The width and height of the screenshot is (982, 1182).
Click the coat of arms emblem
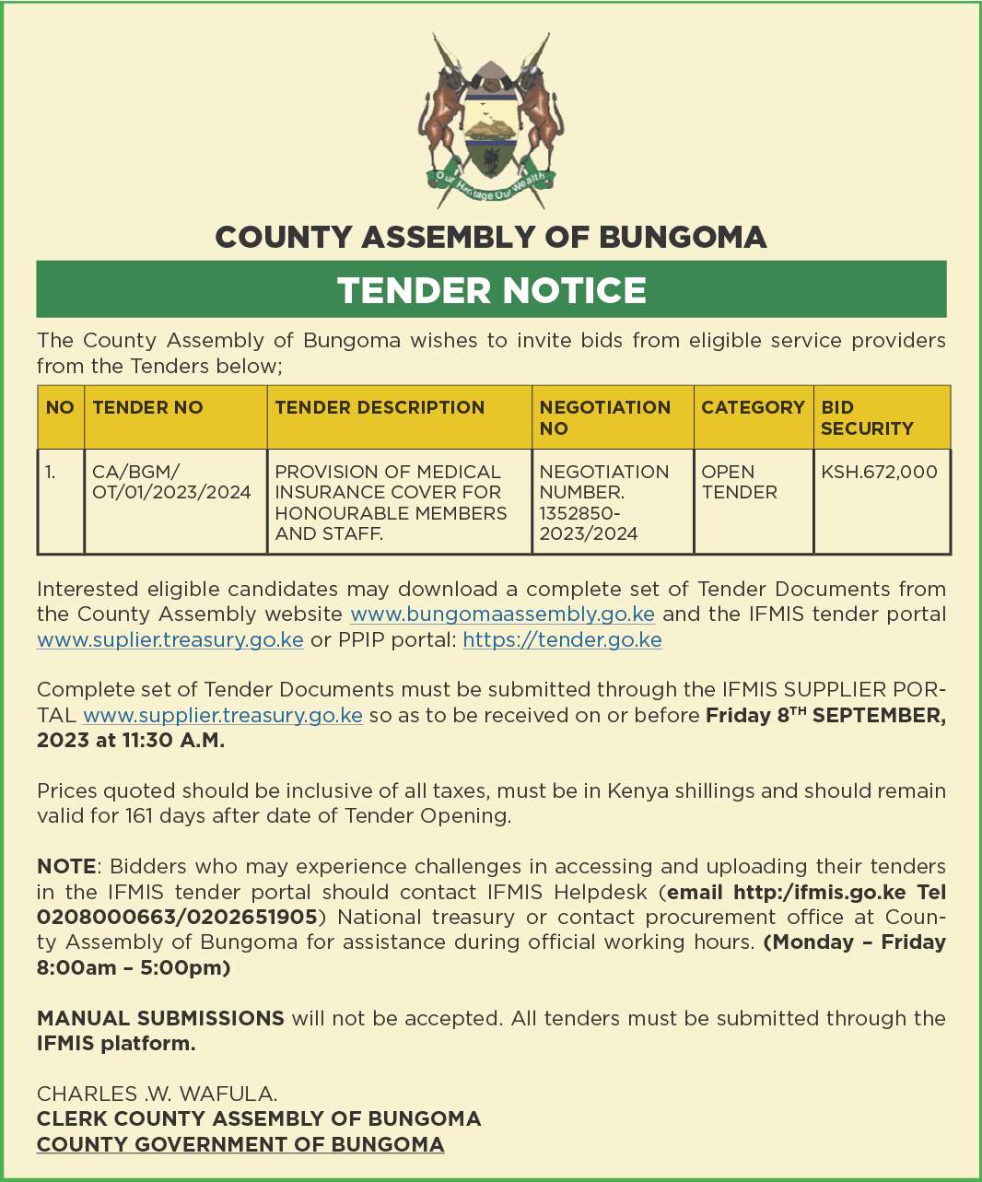(491, 120)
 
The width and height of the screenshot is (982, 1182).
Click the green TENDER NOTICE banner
(491, 289)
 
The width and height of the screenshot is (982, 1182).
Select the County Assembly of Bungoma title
(491, 238)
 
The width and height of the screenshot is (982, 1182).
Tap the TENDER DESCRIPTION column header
(380, 407)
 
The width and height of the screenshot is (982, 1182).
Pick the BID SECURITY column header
(867, 417)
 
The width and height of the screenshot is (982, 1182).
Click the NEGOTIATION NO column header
(604, 417)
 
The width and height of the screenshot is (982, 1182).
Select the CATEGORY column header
(753, 407)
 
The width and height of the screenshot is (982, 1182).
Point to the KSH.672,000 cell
(879, 472)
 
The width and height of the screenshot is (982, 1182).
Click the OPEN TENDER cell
(739, 482)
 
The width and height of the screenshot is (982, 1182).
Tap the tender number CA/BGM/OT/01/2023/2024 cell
(171, 482)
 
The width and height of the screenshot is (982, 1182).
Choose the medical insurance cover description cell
(391, 502)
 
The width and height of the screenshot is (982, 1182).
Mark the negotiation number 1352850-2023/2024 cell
(603, 502)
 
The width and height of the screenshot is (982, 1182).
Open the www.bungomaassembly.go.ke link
(502, 614)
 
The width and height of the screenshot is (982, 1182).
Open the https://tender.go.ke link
(562, 640)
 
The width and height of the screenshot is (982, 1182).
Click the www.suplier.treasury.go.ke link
(170, 640)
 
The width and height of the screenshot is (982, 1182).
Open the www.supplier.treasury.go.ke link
(223, 716)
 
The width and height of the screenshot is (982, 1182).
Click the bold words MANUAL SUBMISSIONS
(160, 1018)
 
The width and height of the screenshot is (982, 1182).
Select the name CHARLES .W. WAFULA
(157, 1094)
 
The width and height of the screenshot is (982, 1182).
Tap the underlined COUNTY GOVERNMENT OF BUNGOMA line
(240, 1144)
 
